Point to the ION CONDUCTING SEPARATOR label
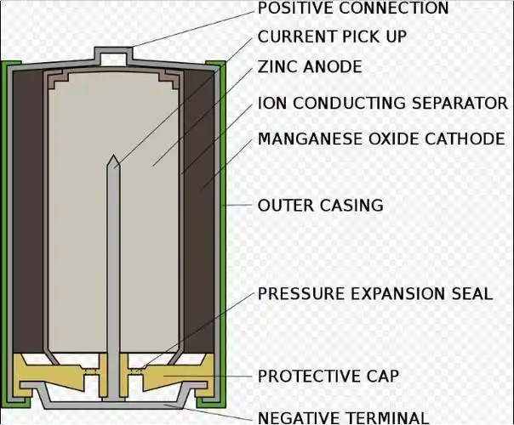click(x=382, y=104)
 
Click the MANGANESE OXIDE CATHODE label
click(x=380, y=139)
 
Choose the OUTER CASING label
click(x=320, y=205)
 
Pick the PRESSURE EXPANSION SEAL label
click(x=374, y=294)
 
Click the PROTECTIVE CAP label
click(x=328, y=376)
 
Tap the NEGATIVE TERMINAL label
click(x=343, y=417)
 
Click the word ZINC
click(x=277, y=67)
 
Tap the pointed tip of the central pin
click(x=112, y=159)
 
